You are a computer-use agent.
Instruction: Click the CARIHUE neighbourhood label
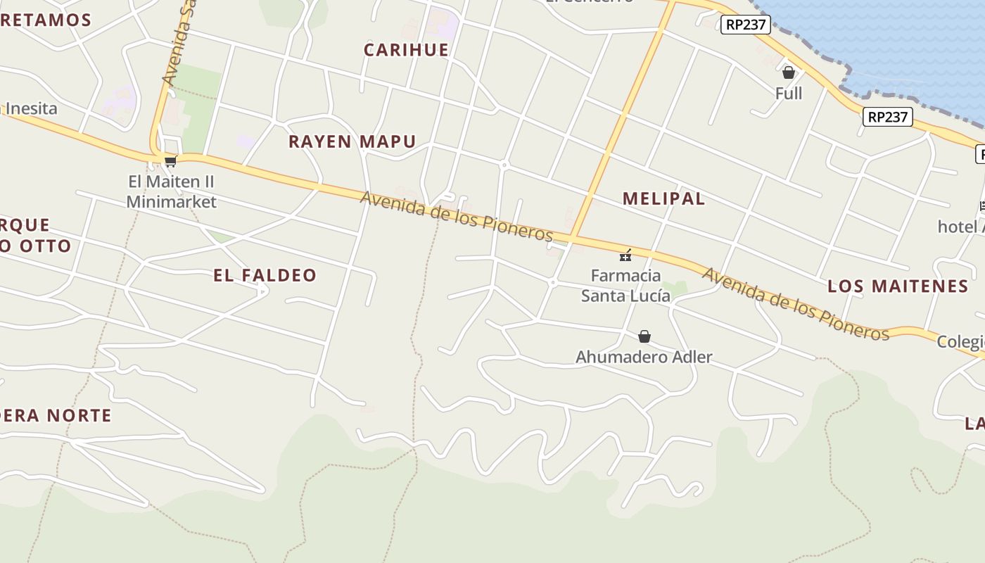406,49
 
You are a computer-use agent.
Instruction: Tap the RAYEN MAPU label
352,141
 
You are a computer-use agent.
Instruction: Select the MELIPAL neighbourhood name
663,198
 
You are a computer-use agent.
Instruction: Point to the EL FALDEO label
265,275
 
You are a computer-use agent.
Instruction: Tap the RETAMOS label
46,20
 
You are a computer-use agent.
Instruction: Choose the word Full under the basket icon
789,93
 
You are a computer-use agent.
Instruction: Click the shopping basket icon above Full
789,72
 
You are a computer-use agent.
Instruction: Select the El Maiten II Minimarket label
171,191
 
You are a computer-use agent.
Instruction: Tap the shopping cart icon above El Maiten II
170,161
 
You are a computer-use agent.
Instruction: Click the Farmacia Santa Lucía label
625,285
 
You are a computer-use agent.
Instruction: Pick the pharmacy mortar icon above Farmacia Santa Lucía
625,255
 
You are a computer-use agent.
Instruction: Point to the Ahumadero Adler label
644,357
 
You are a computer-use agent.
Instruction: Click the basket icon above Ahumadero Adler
644,336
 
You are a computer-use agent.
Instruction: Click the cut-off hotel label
961,227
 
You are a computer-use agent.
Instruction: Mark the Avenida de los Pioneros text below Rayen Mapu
457,216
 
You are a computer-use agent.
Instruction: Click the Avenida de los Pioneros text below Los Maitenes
796,304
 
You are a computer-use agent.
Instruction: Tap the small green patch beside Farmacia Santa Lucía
676,288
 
